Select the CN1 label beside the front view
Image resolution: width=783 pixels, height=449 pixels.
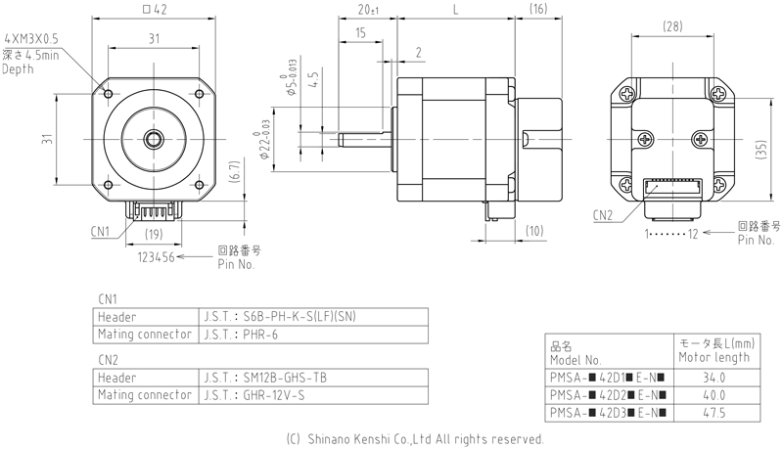tap(97, 231)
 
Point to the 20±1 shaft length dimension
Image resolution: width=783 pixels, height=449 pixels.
tap(369, 11)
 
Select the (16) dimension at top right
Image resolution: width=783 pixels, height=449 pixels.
tap(537, 11)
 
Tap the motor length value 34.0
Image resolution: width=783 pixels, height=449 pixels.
tap(714, 378)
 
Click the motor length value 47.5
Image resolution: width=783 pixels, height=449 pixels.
tap(714, 413)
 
